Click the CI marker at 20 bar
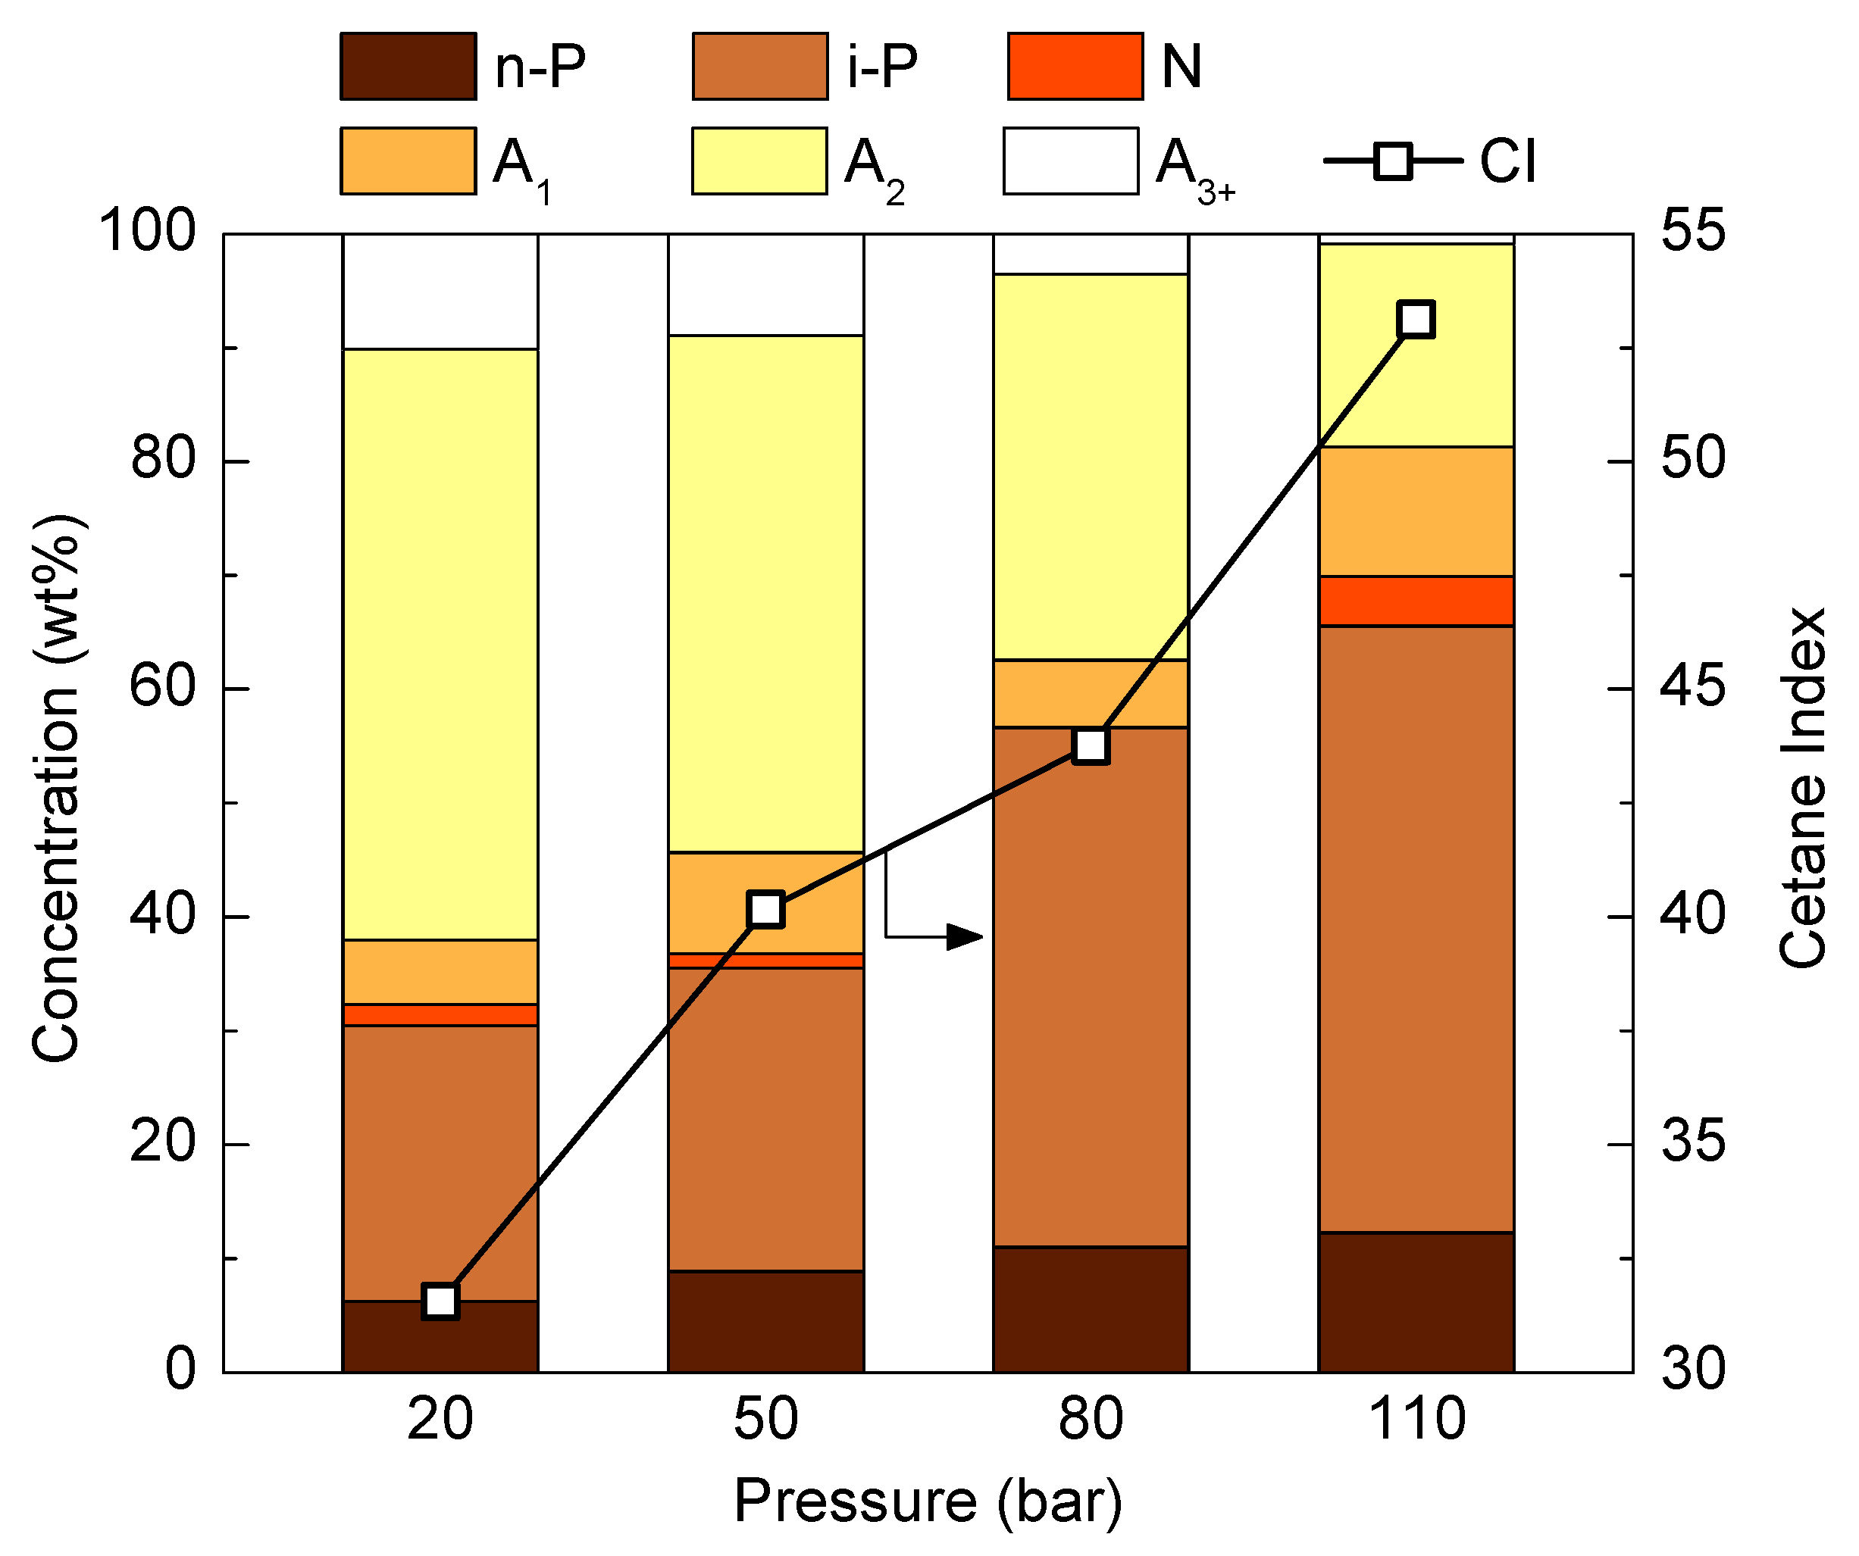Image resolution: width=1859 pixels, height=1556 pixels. (x=441, y=1301)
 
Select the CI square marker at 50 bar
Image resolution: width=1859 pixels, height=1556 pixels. (x=765, y=909)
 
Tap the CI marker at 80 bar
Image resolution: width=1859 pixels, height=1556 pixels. (x=1091, y=746)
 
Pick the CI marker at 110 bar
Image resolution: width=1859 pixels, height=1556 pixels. (x=1416, y=319)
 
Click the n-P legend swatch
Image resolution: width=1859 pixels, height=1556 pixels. (x=408, y=67)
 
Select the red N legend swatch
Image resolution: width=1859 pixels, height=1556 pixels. (x=1075, y=67)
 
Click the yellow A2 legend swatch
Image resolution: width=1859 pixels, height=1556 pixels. (x=759, y=161)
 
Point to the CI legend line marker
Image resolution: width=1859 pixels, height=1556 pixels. (x=1394, y=161)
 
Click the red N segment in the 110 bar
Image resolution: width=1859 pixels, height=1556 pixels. (x=1416, y=601)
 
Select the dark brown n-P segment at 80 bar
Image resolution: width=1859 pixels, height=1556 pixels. (x=1091, y=1309)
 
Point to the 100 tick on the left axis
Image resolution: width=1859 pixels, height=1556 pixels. (x=146, y=232)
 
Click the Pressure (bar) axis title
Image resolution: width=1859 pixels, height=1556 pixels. (x=928, y=1501)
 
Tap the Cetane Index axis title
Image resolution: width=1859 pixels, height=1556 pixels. (x=1802, y=788)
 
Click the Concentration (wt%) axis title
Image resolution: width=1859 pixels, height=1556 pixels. (x=57, y=788)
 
